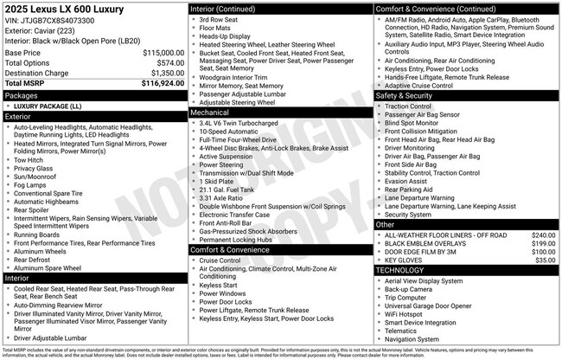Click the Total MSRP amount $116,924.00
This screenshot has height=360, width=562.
(x=158, y=84)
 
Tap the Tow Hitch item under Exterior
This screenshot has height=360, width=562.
(x=30, y=159)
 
